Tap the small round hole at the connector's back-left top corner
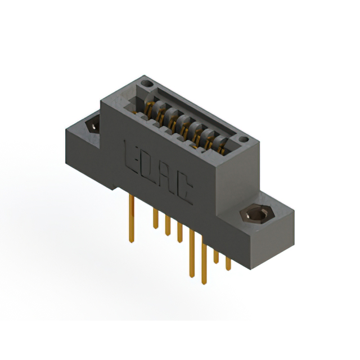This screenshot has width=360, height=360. click(x=147, y=84)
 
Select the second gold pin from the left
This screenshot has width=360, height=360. click(x=155, y=217)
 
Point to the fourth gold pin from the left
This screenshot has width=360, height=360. click(x=180, y=232)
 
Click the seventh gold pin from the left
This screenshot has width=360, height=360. click(x=217, y=254)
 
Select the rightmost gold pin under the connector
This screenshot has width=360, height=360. click(x=228, y=262)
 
